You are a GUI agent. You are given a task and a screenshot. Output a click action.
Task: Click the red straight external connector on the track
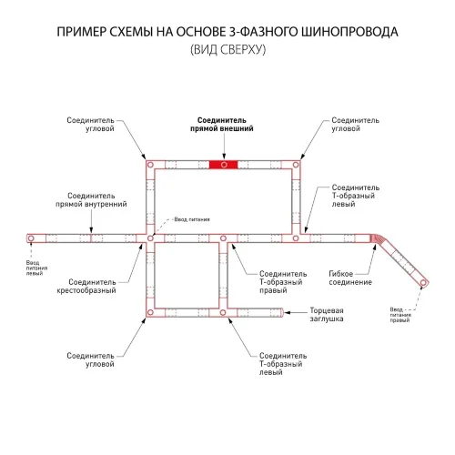[223, 164]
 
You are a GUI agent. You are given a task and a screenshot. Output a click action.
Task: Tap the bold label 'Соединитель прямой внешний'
[222, 125]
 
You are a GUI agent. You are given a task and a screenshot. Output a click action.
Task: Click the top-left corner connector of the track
[150, 165]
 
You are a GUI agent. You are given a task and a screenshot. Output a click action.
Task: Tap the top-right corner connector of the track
[296, 165]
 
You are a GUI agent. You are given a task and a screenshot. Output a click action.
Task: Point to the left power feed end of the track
[31, 238]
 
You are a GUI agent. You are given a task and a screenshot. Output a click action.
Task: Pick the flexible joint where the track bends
[377, 240]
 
